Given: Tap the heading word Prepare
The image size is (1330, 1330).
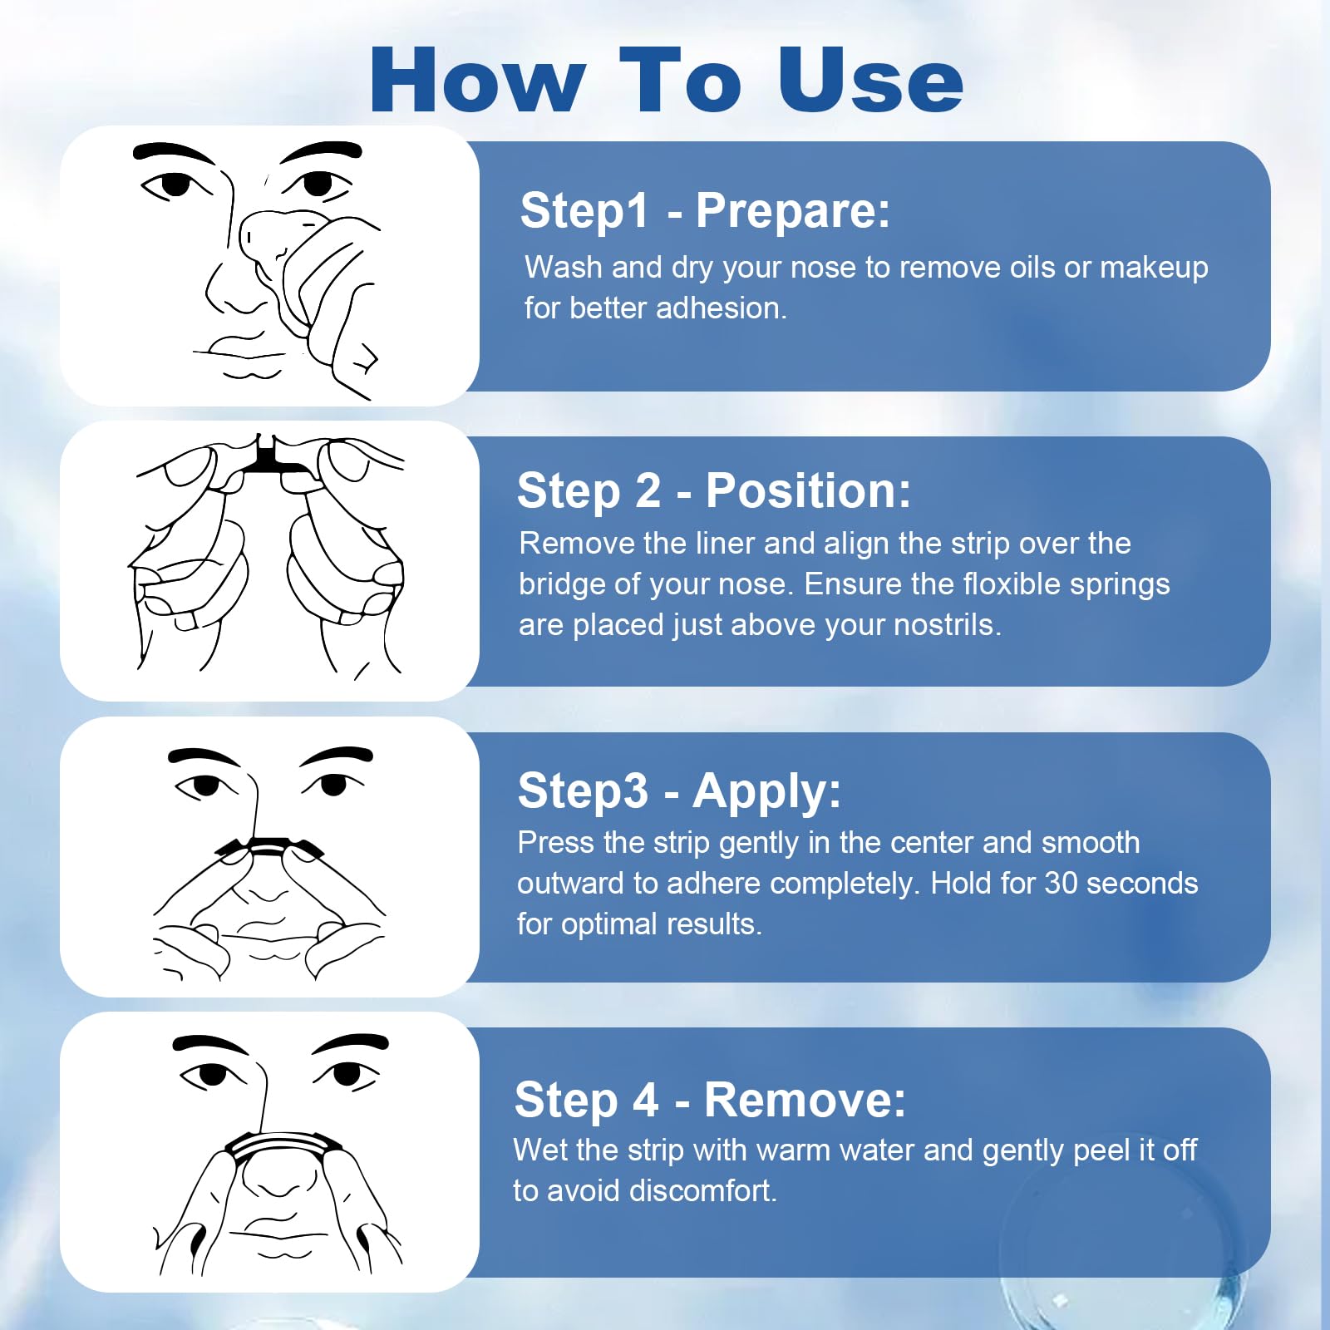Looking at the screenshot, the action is click(x=792, y=210).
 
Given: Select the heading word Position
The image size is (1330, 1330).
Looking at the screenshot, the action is click(x=808, y=490).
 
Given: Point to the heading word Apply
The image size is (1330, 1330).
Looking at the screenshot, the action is click(x=766, y=791).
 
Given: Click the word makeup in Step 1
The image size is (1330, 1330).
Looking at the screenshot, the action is click(x=1154, y=268).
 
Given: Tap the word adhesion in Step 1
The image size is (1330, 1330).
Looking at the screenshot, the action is click(x=721, y=308).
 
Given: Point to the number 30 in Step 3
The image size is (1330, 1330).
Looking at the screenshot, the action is click(x=1062, y=883).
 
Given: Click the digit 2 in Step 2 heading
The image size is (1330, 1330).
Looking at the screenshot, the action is click(x=647, y=491).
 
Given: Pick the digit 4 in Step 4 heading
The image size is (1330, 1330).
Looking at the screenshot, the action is click(x=645, y=1101).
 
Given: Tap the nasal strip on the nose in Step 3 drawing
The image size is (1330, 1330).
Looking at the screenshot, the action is click(x=268, y=847).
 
